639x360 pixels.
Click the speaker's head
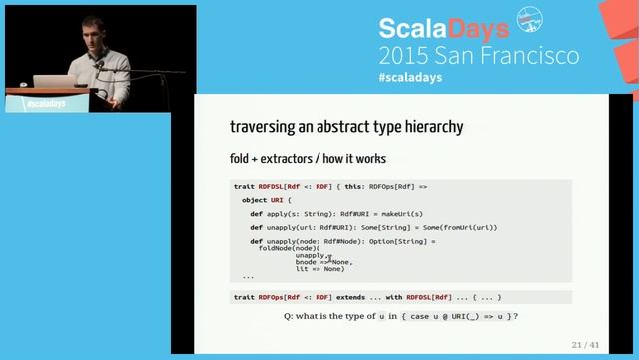click(x=85, y=43)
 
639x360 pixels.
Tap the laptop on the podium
click(x=48, y=81)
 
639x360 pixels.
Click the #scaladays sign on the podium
click(x=44, y=102)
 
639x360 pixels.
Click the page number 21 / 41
click(x=584, y=345)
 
